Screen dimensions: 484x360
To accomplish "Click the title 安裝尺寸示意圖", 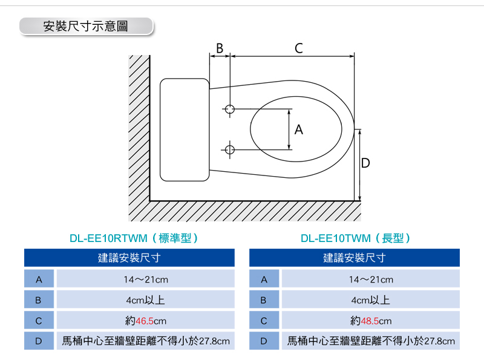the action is click(x=85, y=26).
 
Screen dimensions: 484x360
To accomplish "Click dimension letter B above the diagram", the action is click(x=220, y=48).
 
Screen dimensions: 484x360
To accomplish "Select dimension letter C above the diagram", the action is click(x=298, y=48).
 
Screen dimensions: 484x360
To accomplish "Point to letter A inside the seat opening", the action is click(x=298, y=129).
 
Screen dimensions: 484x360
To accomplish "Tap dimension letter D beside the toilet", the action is click(x=365, y=163).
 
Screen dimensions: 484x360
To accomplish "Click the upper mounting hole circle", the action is click(x=230, y=109).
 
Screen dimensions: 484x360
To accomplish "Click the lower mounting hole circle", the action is click(x=230, y=149).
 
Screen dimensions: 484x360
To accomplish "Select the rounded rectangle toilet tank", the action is click(x=185, y=129).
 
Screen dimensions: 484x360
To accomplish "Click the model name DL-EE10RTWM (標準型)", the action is click(x=134, y=238).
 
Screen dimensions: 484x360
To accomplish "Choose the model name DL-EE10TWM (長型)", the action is click(x=356, y=238).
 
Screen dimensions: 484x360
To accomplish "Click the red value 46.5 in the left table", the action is click(x=145, y=321).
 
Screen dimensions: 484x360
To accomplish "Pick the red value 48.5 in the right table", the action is click(x=370, y=321).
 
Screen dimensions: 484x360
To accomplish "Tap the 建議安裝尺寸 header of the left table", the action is click(x=129, y=258).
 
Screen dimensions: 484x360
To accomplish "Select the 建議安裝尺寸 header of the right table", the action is click(x=355, y=258).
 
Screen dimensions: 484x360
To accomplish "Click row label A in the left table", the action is click(x=39, y=280).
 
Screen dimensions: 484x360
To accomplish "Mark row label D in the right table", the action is click(x=264, y=341).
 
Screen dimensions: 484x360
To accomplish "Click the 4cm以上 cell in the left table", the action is click(x=145, y=300).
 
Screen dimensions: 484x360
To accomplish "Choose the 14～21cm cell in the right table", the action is click(x=371, y=280).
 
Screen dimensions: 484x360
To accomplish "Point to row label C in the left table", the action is click(x=39, y=321).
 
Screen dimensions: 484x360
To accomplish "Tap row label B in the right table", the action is click(x=263, y=300).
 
